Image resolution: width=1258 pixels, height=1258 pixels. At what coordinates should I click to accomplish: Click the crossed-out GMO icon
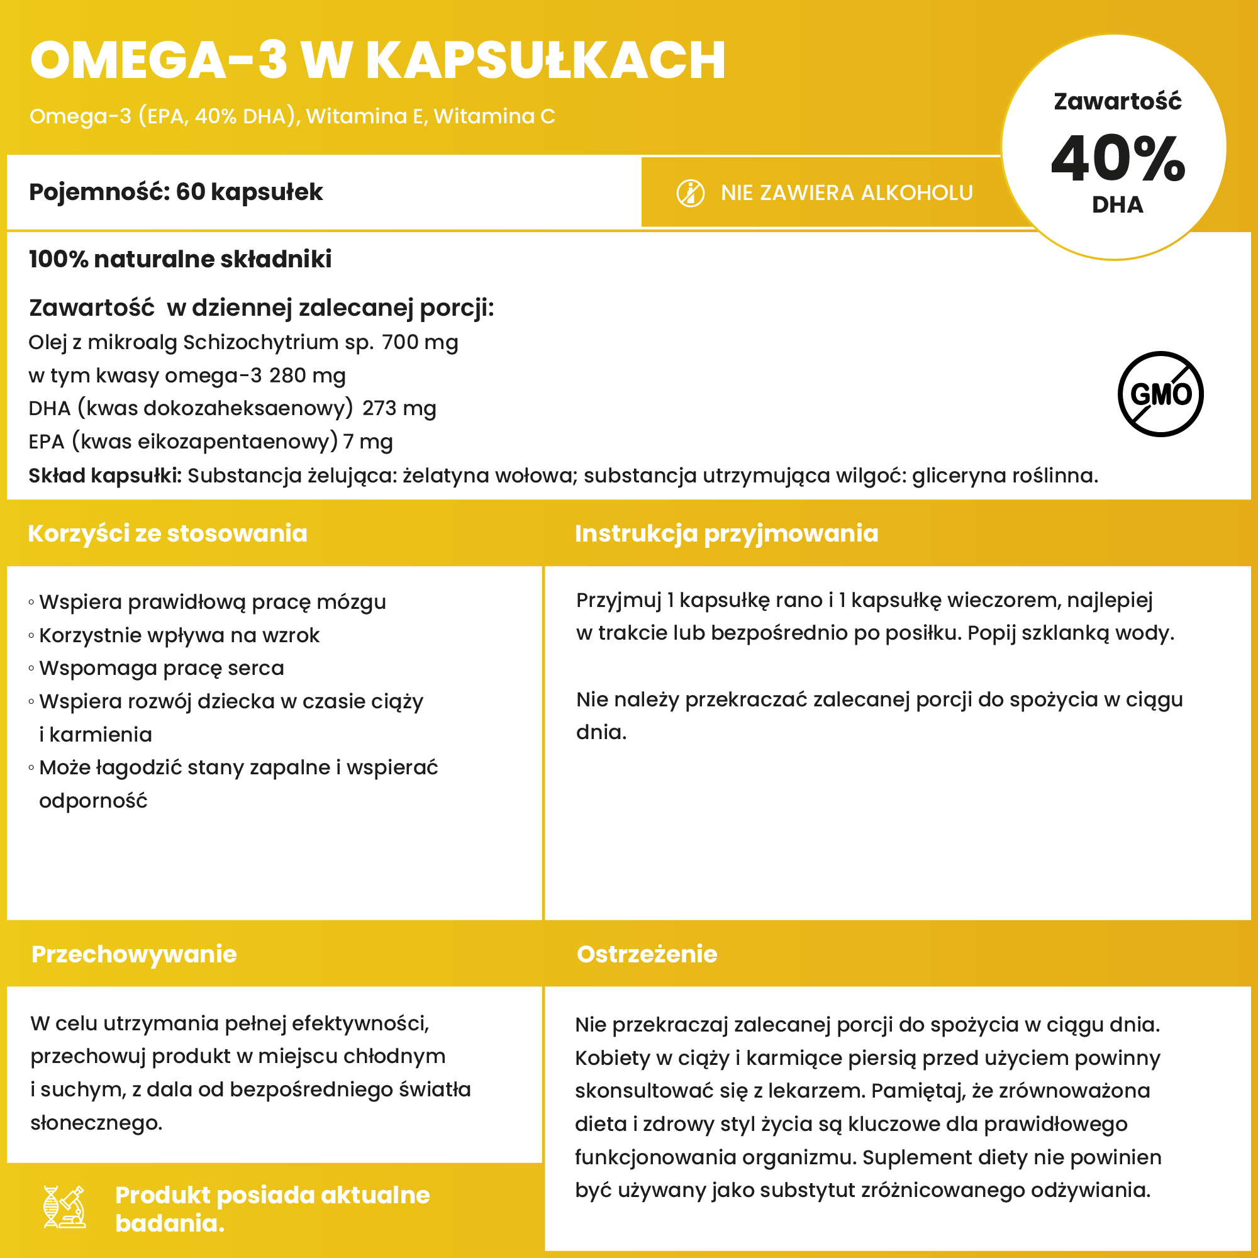click(1161, 394)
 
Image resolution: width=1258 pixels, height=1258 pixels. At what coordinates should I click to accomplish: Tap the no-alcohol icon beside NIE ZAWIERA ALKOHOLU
click(690, 193)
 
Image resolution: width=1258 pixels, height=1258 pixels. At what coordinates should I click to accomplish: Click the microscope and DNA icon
click(64, 1206)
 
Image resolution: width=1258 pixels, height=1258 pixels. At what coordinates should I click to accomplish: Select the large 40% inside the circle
click(1117, 159)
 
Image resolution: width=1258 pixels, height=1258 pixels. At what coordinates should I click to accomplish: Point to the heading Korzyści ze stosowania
click(167, 533)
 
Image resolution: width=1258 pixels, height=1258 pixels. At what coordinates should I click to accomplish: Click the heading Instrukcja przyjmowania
click(726, 533)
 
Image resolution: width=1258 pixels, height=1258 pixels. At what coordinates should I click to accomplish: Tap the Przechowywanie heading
click(134, 954)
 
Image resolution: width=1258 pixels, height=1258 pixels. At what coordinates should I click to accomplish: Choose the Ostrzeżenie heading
click(647, 954)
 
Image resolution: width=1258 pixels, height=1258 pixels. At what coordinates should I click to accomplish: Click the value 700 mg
click(420, 343)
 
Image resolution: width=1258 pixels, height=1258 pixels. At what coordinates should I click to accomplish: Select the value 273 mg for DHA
click(399, 408)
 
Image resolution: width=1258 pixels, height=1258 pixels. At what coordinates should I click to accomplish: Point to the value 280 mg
click(308, 376)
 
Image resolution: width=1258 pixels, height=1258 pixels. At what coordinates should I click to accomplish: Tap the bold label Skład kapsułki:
click(105, 476)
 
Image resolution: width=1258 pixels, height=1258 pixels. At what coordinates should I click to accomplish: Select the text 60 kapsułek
click(249, 192)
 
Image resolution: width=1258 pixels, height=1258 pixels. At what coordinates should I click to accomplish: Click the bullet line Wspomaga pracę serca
click(162, 668)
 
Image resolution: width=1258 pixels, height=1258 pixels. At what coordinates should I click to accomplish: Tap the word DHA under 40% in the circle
click(1117, 204)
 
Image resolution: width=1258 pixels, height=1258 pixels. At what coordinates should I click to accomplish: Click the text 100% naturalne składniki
click(181, 259)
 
